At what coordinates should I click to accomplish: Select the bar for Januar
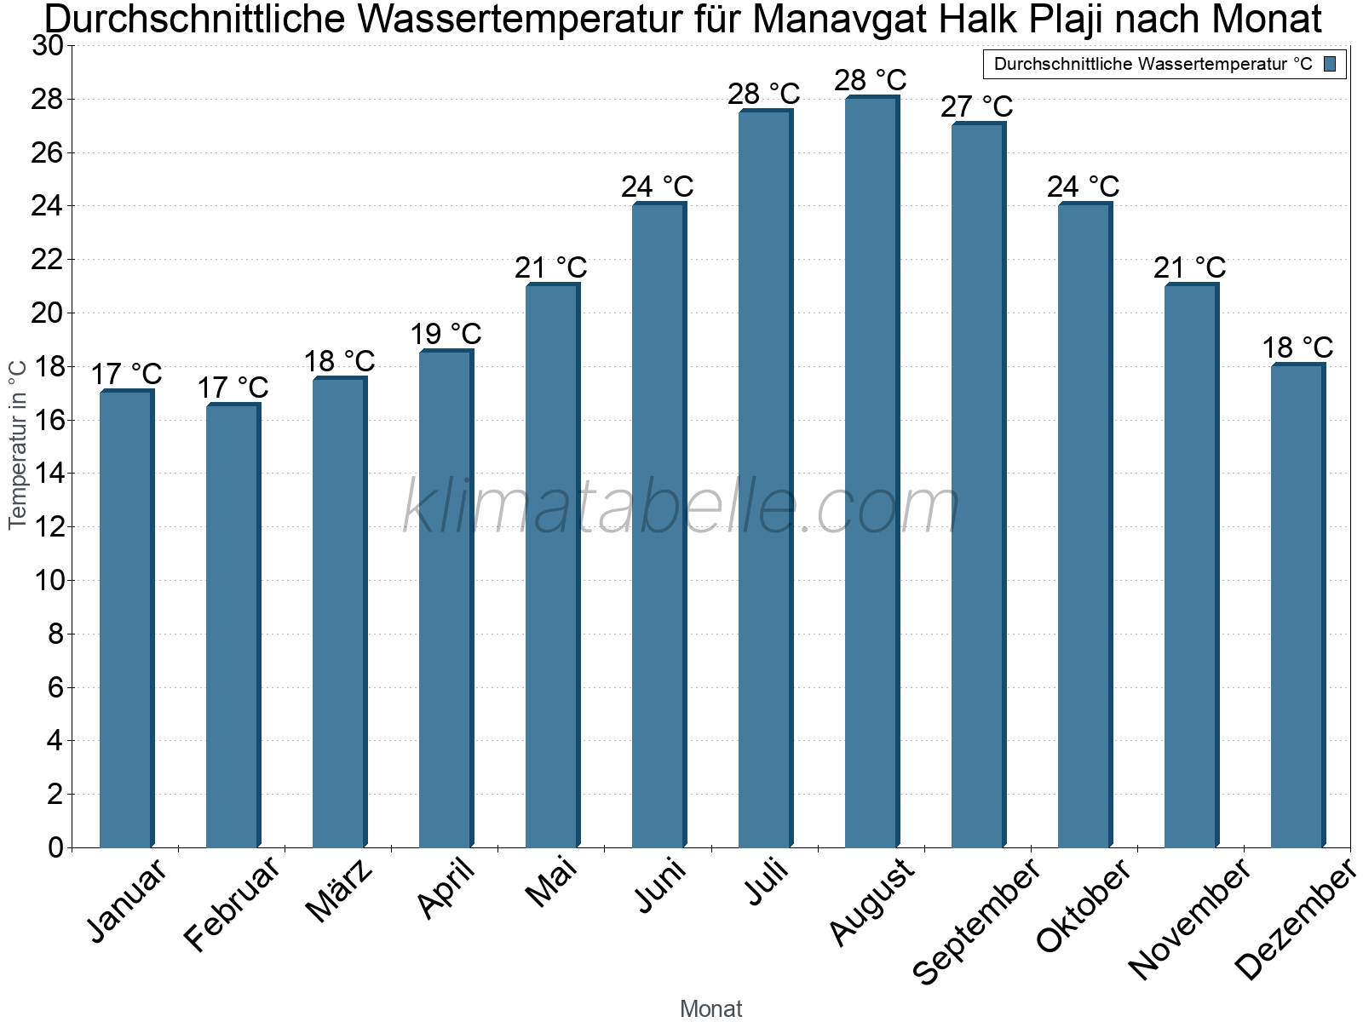(126, 619)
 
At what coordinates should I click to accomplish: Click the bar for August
(871, 473)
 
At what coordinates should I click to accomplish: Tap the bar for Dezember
(1297, 606)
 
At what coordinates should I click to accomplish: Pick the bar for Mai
(552, 566)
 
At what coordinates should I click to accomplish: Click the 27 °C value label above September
(977, 106)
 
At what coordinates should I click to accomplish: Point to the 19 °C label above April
(446, 334)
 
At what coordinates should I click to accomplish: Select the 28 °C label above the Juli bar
(764, 94)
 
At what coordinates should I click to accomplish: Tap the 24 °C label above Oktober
(1084, 187)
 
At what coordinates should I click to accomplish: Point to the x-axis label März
(339, 891)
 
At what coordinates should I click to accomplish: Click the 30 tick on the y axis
(48, 46)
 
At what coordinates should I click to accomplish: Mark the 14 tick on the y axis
(48, 474)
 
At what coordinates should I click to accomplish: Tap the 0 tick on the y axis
(56, 847)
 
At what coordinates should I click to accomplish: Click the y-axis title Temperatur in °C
(18, 445)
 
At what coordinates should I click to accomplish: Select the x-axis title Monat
(711, 1009)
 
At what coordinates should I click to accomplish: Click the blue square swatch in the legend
(1331, 64)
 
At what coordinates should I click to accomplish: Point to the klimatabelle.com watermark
(681, 507)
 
